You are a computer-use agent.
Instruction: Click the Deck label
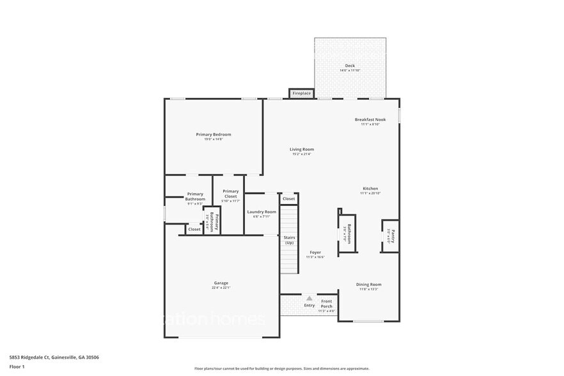[x=350, y=65]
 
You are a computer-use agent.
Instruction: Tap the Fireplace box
[x=301, y=93]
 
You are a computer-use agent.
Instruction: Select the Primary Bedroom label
[x=213, y=134]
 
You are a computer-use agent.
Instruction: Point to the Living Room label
[x=301, y=149]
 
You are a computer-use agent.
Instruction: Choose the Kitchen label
[x=370, y=189]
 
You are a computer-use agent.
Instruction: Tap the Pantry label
[x=393, y=237]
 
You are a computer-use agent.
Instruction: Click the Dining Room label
[x=368, y=284]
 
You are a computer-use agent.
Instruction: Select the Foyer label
[x=315, y=252]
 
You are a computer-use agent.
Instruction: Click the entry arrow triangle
[x=309, y=298]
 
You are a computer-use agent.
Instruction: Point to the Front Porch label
[x=326, y=304]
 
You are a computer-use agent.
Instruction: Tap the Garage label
[x=221, y=283]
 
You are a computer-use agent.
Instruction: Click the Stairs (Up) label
[x=289, y=240]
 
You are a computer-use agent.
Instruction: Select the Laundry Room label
[x=262, y=212]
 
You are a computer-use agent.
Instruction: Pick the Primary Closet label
[x=230, y=193]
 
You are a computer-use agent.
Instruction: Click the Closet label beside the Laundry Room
[x=289, y=199]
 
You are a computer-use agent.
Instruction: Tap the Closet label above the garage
[x=194, y=229]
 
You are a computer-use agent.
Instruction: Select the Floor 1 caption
[x=17, y=367]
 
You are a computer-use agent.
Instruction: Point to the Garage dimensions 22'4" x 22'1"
[x=221, y=288]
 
